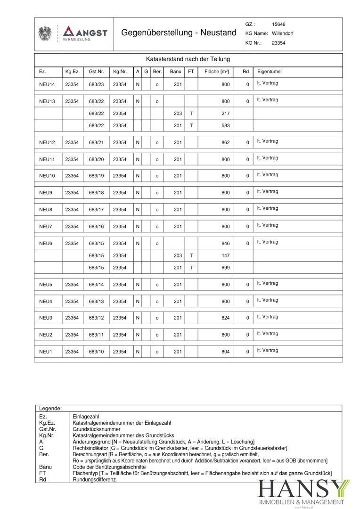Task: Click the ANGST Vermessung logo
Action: [x=84, y=33]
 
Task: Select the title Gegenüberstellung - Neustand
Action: [x=179, y=33]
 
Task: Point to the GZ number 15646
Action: [x=278, y=24]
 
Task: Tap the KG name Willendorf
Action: [x=282, y=33]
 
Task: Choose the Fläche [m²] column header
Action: [x=217, y=72]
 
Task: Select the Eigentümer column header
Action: [x=270, y=72]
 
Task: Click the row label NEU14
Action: [x=47, y=84]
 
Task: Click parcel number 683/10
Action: [x=96, y=352]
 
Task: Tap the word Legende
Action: [x=50, y=409]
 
